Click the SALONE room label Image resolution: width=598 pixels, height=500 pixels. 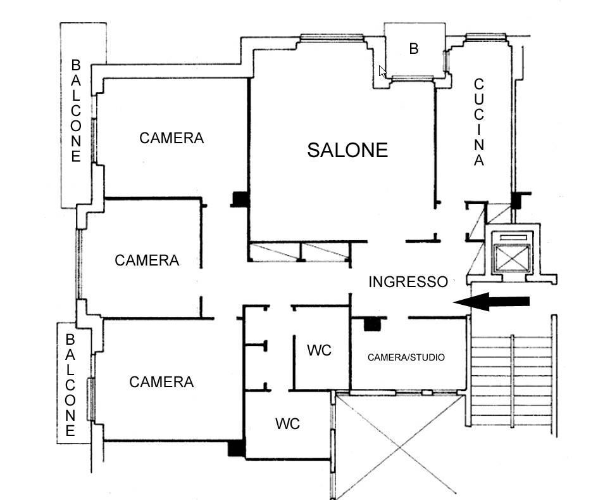click(x=347, y=150)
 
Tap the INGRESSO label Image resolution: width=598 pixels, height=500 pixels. click(x=408, y=282)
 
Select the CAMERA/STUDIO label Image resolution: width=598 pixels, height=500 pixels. click(x=406, y=357)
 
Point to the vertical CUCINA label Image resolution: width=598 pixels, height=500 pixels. click(x=479, y=122)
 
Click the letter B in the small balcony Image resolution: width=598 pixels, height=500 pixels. click(x=414, y=49)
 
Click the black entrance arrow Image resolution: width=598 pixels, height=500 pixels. click(x=492, y=302)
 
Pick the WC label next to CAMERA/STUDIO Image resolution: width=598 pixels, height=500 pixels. click(x=319, y=350)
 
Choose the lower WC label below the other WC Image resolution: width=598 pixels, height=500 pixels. click(x=287, y=423)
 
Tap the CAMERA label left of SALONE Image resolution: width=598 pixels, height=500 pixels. click(x=171, y=138)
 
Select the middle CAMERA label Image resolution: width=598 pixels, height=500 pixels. click(x=147, y=260)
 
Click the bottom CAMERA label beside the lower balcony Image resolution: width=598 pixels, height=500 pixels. click(x=162, y=382)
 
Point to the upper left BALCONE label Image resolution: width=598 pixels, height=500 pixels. click(x=76, y=111)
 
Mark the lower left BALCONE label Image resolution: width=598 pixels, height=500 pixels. click(x=70, y=385)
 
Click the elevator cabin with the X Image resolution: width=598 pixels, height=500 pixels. click(x=512, y=258)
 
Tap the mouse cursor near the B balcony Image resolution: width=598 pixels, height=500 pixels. click(x=382, y=72)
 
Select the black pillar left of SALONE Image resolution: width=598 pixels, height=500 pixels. click(x=240, y=199)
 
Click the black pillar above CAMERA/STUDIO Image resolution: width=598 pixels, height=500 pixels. click(x=372, y=324)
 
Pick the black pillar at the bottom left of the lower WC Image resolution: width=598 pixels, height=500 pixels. click(x=236, y=448)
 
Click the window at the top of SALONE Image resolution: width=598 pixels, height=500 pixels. click(x=332, y=37)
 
